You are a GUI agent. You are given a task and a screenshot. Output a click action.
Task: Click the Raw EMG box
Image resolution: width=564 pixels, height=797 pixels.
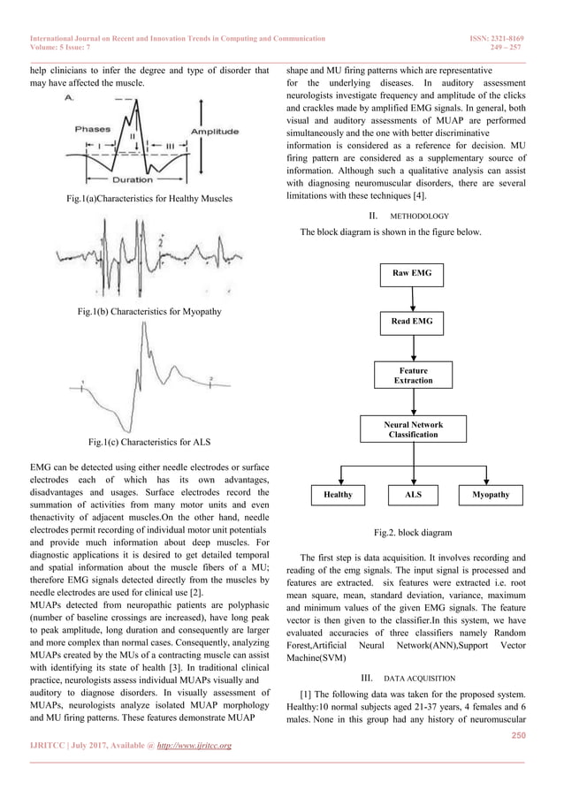(x=412, y=275)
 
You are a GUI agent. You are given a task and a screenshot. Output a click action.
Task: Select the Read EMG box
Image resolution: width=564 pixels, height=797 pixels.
(x=412, y=322)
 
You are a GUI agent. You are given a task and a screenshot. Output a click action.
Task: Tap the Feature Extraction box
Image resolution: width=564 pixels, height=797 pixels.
(x=413, y=375)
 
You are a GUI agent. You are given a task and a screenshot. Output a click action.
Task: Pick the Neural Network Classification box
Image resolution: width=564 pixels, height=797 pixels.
(x=413, y=429)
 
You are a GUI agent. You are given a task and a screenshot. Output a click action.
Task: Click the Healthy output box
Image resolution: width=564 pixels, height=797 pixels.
(x=338, y=495)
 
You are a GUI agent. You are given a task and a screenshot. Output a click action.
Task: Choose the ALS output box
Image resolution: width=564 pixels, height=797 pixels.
(x=413, y=495)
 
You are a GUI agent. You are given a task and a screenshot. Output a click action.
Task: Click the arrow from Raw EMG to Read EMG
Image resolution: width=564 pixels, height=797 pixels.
(x=413, y=298)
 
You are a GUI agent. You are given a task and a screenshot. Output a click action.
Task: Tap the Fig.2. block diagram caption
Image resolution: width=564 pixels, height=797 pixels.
(x=413, y=533)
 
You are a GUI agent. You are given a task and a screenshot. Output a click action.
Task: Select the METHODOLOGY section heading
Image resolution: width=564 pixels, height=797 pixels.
(x=412, y=216)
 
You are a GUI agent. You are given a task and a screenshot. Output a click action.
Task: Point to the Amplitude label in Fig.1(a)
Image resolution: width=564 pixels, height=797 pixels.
(x=214, y=132)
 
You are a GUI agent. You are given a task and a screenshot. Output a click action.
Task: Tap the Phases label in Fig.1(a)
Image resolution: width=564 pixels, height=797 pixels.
(x=92, y=129)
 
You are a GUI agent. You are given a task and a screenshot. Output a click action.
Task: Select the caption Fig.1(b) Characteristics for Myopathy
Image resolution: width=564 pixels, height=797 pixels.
(x=149, y=311)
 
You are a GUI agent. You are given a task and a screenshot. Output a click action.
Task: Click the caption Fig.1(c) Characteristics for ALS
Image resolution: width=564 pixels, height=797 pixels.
(x=149, y=440)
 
